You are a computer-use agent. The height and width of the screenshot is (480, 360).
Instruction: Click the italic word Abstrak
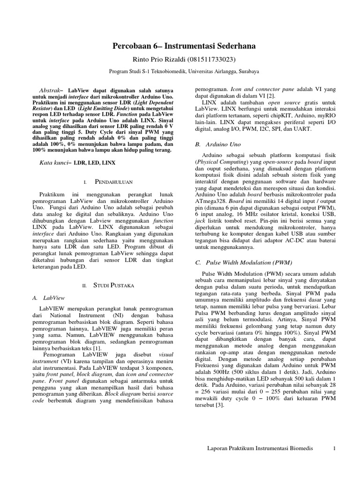48,89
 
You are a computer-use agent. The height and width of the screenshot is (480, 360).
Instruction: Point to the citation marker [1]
96,349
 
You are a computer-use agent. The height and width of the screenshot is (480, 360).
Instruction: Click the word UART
301,128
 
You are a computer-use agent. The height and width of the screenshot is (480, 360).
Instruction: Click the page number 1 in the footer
335,449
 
